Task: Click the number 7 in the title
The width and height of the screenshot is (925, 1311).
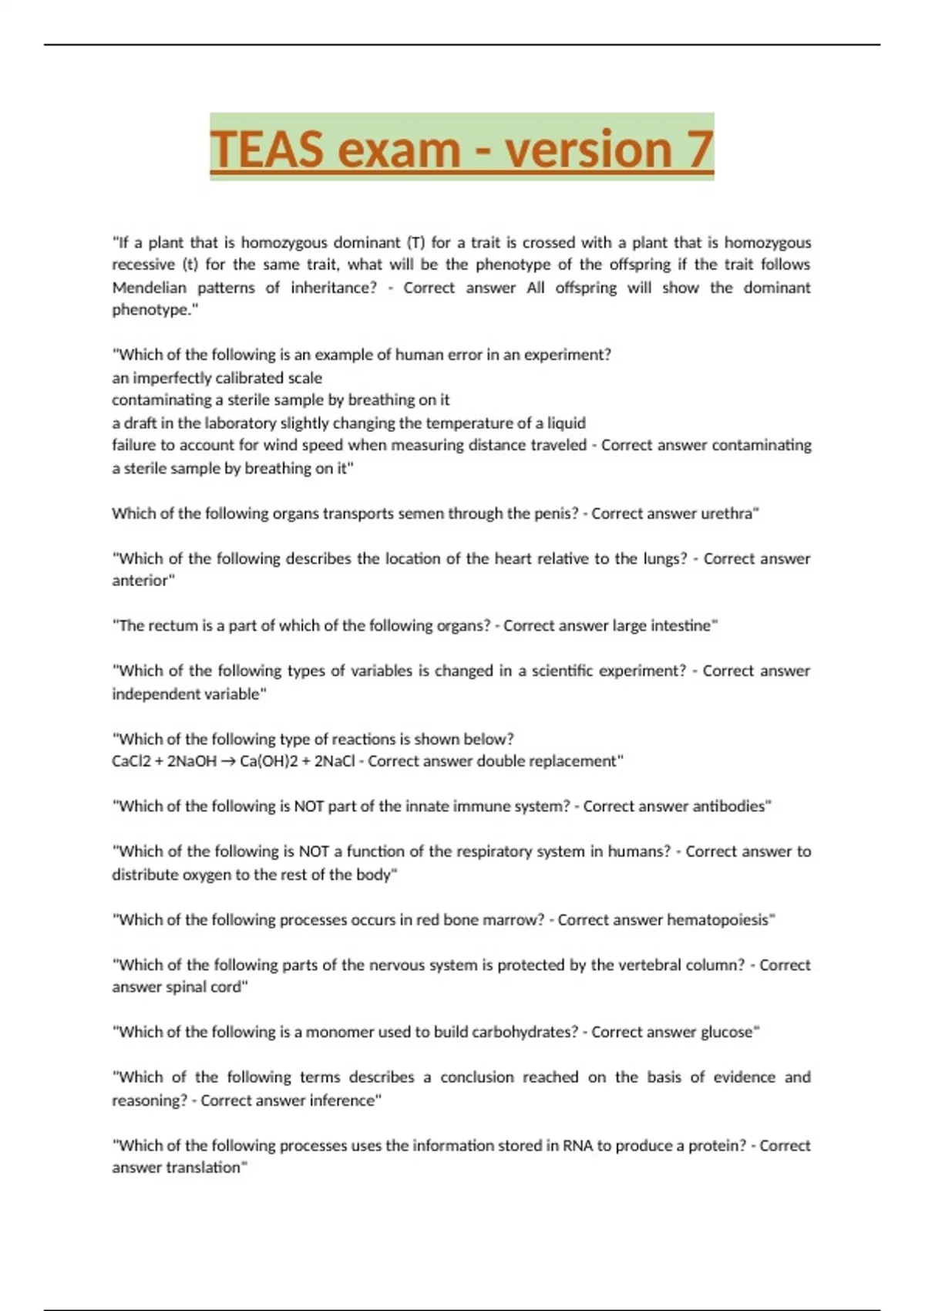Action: pyautogui.click(x=700, y=149)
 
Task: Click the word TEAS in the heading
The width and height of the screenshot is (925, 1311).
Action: pyautogui.click(x=267, y=149)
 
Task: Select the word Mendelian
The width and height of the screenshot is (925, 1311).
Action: pyautogui.click(x=150, y=288)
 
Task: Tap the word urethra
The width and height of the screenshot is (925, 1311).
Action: pyautogui.click(x=728, y=514)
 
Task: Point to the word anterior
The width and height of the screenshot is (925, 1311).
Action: pyautogui.click(x=142, y=581)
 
